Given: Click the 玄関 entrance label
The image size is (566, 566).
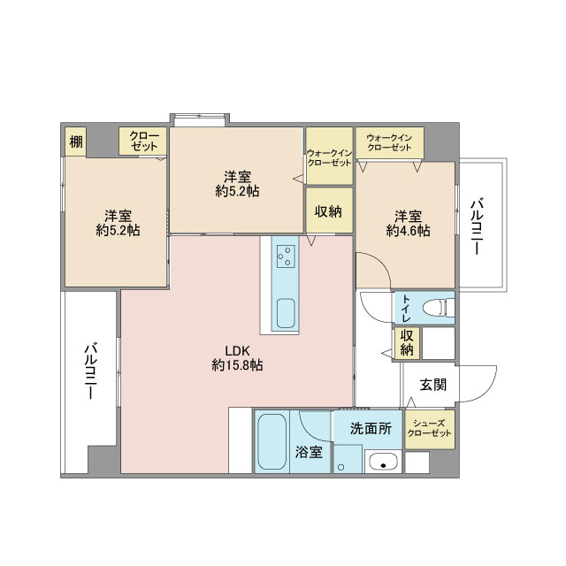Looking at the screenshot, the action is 432,385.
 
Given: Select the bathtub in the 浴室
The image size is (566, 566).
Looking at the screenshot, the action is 272,441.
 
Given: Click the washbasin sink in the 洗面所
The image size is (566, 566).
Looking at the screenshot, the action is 383,463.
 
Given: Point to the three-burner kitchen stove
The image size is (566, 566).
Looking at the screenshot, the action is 286,256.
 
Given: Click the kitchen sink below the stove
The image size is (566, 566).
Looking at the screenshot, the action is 286,313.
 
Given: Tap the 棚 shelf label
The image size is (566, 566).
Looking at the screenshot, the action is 76,141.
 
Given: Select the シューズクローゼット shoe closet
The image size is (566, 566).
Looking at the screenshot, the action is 429,429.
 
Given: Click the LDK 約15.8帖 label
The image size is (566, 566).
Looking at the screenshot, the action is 237,358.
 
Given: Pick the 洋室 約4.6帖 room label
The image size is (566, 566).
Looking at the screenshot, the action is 408,224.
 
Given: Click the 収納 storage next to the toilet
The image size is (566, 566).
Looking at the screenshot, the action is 407,343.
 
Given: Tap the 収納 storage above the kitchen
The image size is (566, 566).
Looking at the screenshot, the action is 329,210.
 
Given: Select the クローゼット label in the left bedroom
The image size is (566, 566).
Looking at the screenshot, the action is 144,141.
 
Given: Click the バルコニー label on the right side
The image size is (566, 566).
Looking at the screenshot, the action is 478,226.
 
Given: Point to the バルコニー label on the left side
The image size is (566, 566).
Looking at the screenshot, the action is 90,371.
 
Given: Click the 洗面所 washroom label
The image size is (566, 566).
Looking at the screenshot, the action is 371,428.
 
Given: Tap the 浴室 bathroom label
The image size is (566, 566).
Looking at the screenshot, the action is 309,452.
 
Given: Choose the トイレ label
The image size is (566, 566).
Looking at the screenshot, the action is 407,309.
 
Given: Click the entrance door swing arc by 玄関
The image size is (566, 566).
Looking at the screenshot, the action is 489,389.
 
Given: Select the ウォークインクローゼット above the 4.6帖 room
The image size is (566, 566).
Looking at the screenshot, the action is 389,142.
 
